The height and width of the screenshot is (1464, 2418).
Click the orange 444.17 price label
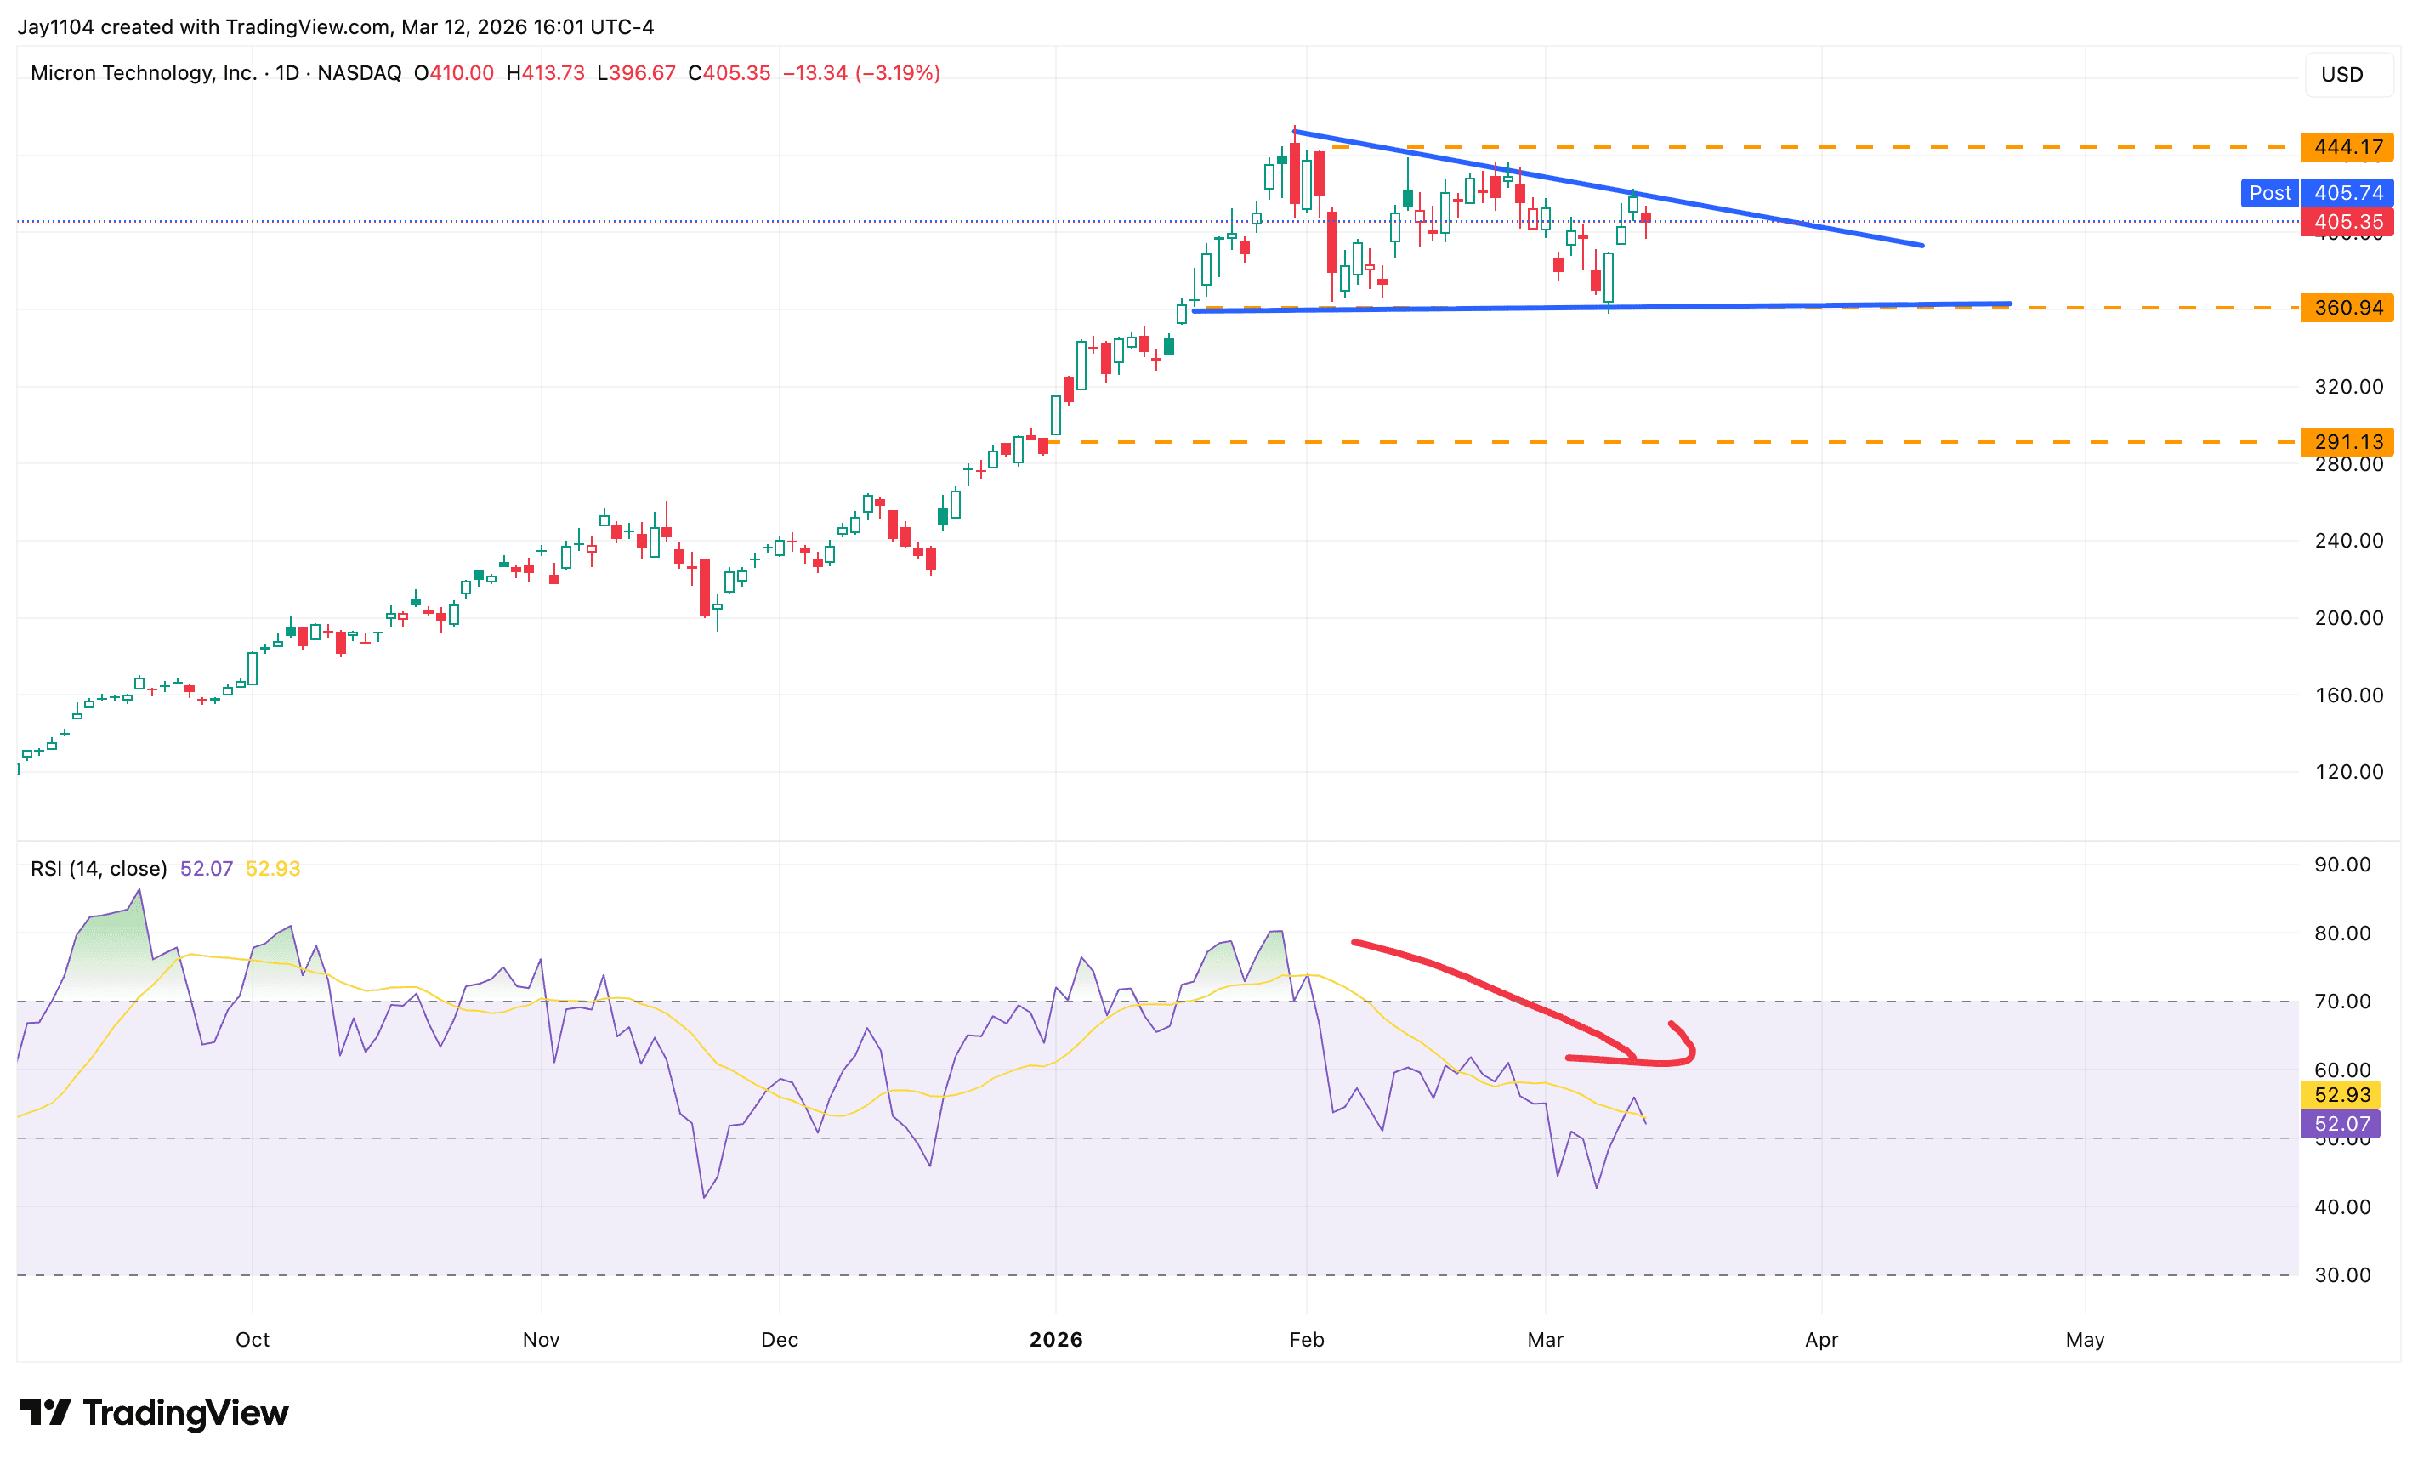coord(2347,147)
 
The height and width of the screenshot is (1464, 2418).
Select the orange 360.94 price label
coord(2347,307)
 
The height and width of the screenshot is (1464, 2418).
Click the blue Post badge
coord(2269,192)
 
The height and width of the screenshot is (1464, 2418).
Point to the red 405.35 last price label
coord(2347,222)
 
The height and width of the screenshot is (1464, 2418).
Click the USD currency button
coord(2341,75)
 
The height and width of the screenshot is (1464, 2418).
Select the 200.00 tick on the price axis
coord(2348,617)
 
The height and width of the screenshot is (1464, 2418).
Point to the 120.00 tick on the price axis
coord(2348,771)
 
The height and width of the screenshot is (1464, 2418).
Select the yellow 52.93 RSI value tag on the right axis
coord(2341,1094)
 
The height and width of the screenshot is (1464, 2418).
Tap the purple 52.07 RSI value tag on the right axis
coord(2341,1124)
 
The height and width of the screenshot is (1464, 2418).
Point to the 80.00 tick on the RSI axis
coord(2342,933)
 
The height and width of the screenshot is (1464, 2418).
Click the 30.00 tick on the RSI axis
coord(2342,1274)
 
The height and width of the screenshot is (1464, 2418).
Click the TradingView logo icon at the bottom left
coord(45,1413)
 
